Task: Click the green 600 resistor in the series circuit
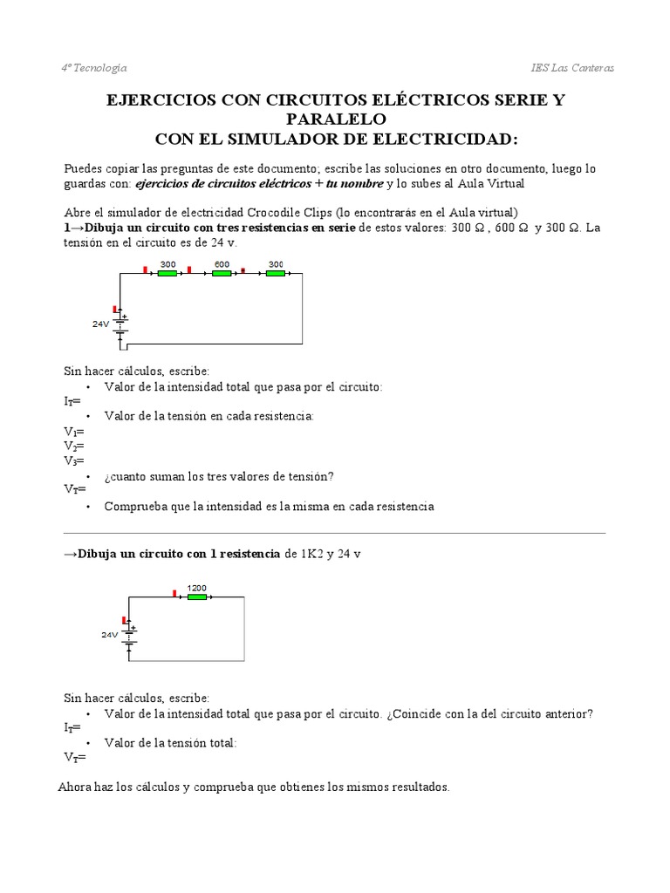point(222,273)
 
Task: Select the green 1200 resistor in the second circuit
point(196,597)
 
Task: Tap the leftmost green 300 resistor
point(167,273)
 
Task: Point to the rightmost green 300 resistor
point(276,273)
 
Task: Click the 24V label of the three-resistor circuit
point(101,324)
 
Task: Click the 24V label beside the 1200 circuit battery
point(109,635)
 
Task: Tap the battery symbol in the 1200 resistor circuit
point(128,635)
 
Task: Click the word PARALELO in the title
point(335,119)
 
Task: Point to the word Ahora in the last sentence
point(76,787)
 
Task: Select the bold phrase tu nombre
point(356,183)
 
